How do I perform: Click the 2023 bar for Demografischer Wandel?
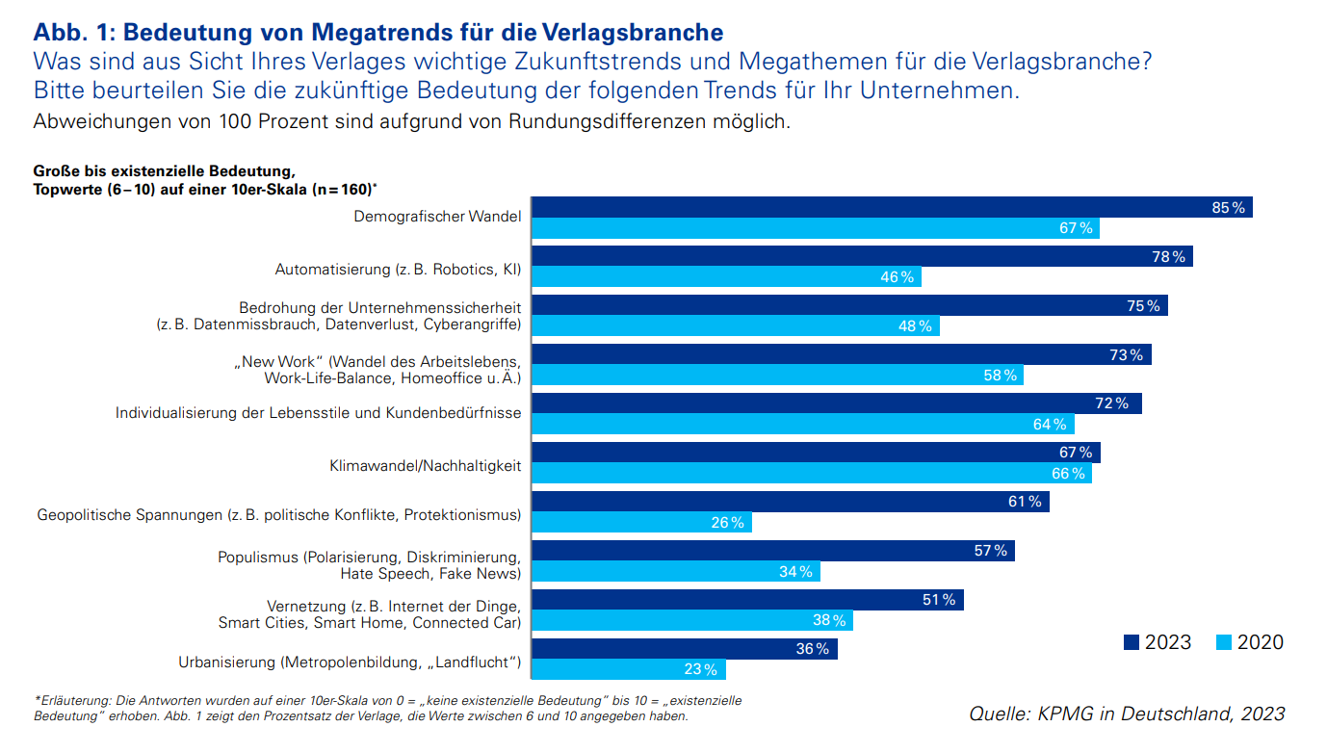tap(892, 207)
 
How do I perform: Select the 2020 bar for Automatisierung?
tap(726, 277)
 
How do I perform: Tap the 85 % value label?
tap(1228, 208)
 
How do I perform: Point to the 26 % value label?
tap(727, 523)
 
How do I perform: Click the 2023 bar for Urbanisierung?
tap(685, 649)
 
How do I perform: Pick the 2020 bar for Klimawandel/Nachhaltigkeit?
tap(812, 474)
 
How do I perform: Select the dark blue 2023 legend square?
tap(1132, 642)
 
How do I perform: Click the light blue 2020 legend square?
tap(1224, 642)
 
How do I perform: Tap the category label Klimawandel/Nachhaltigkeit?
tap(425, 466)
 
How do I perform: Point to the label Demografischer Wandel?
tap(437, 217)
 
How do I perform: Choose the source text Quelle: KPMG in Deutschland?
tap(1127, 714)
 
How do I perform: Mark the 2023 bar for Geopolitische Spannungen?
tap(791, 502)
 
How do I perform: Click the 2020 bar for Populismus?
tap(676, 572)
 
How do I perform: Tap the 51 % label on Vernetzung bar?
tap(938, 600)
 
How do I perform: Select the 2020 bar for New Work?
tap(777, 376)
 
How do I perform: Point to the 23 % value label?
tap(700, 670)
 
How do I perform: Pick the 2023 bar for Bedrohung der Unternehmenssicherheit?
tap(850, 305)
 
